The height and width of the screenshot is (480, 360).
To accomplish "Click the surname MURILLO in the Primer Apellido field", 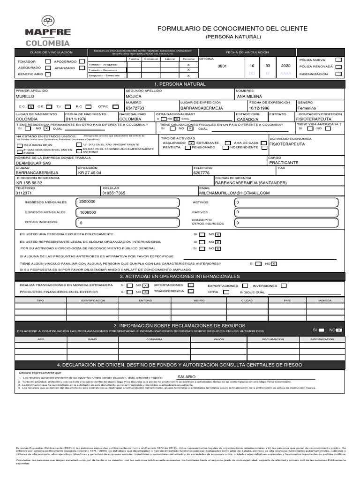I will coord(25,96).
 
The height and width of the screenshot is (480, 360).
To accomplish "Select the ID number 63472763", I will coord(135,108).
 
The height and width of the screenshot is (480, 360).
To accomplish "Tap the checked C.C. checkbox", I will coord(31,107).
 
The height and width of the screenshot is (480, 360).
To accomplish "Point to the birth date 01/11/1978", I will coord(76,119).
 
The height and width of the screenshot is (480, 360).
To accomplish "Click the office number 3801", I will coord(222,66).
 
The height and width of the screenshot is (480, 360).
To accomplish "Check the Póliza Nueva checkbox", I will coord(338,60).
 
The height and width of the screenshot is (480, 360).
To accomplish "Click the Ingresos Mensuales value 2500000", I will coord(88,202).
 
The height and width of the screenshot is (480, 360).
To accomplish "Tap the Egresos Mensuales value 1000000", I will coord(88,212).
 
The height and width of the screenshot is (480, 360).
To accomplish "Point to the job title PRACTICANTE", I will coord(284,163).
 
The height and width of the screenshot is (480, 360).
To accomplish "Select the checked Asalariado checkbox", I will coord(191,142).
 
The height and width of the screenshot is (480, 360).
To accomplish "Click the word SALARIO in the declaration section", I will coord(187,377).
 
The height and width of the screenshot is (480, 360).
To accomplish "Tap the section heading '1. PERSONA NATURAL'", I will coord(180,84).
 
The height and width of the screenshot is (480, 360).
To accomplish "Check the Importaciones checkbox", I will coord(191,285).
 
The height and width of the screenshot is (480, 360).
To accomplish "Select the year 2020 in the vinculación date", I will coord(285,66).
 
